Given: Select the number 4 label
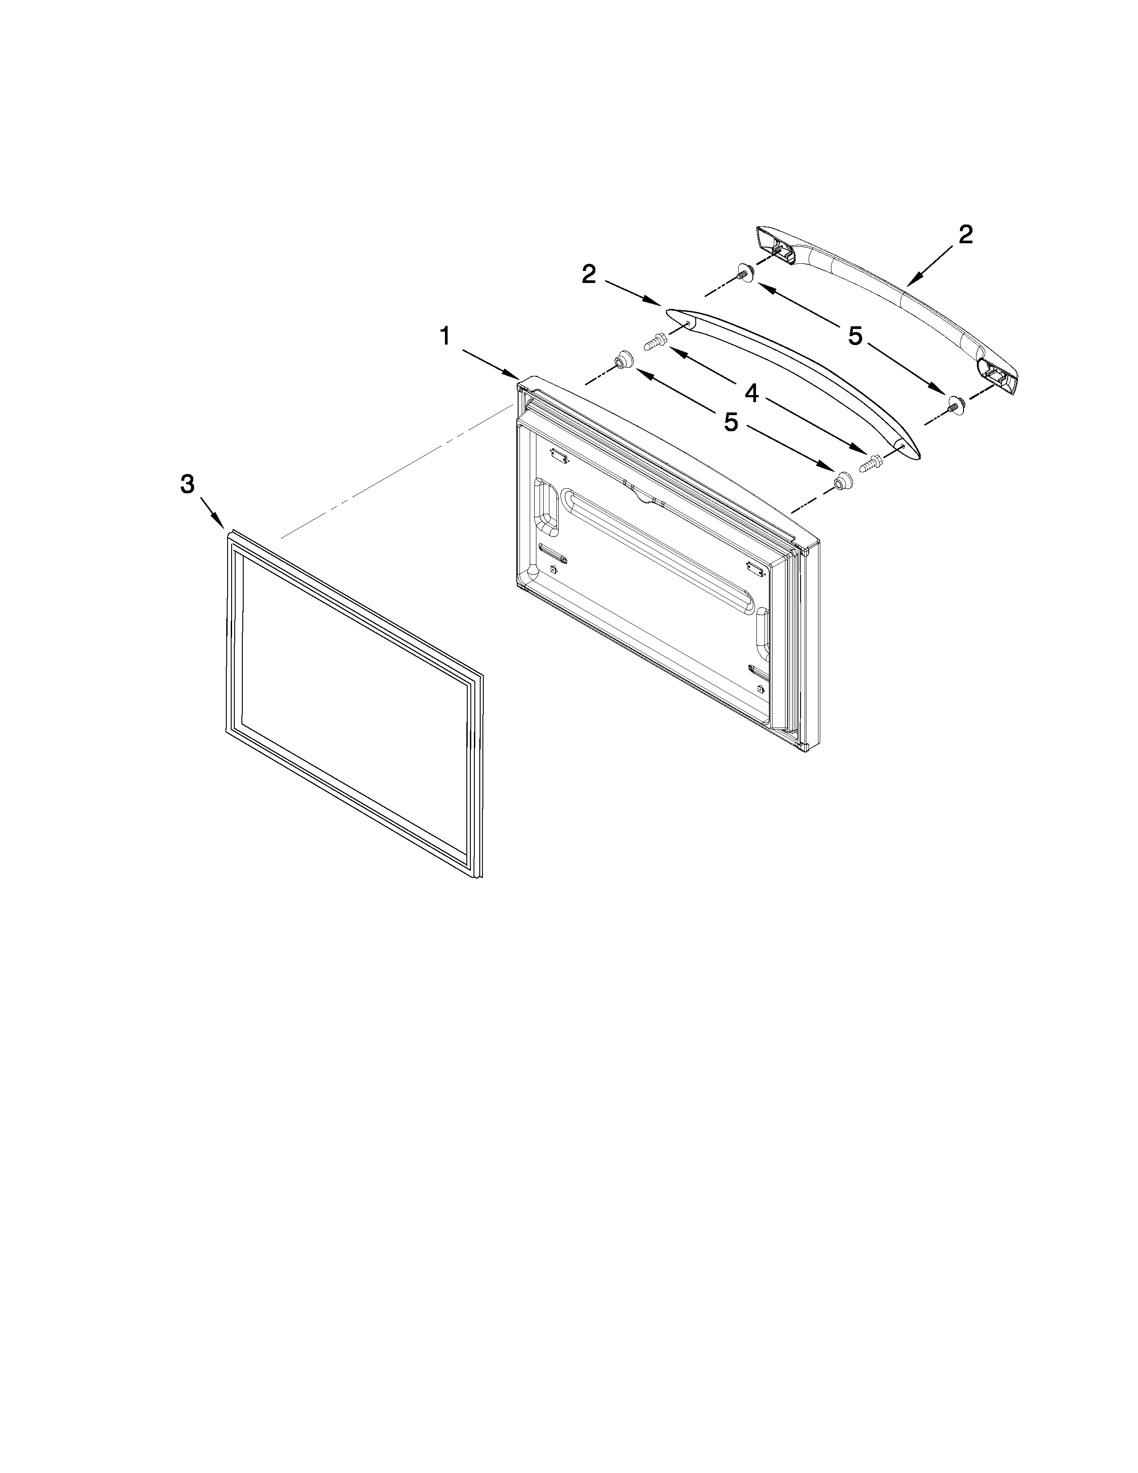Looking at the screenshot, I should [751, 392].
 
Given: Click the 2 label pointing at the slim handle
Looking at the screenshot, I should [589, 274].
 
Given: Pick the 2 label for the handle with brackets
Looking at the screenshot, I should [965, 235].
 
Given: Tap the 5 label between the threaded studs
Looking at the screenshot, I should [855, 335].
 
